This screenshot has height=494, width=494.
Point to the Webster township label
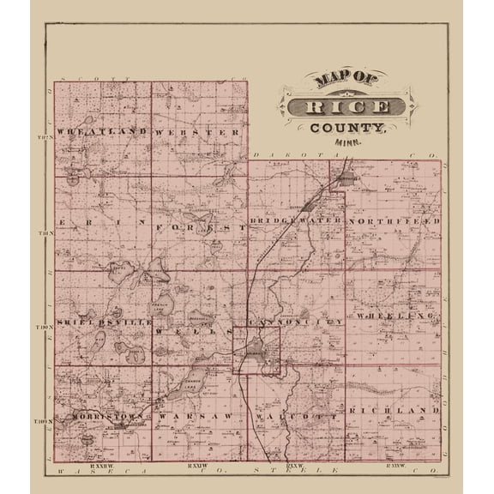pos(198,132)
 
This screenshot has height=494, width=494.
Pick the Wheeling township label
pos(396,317)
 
